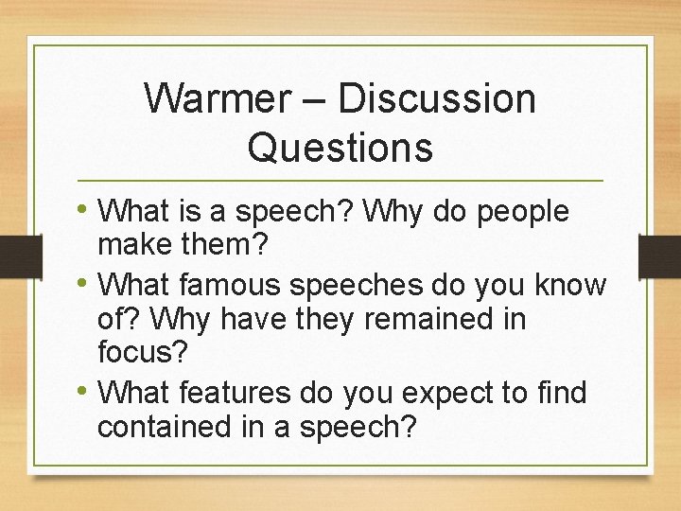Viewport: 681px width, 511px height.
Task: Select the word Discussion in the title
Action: [x=436, y=98]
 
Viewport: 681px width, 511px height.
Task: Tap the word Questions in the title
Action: [x=340, y=148]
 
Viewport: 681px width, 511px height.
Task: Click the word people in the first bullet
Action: [x=523, y=212]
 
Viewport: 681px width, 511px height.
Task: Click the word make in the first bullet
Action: [x=132, y=247]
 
